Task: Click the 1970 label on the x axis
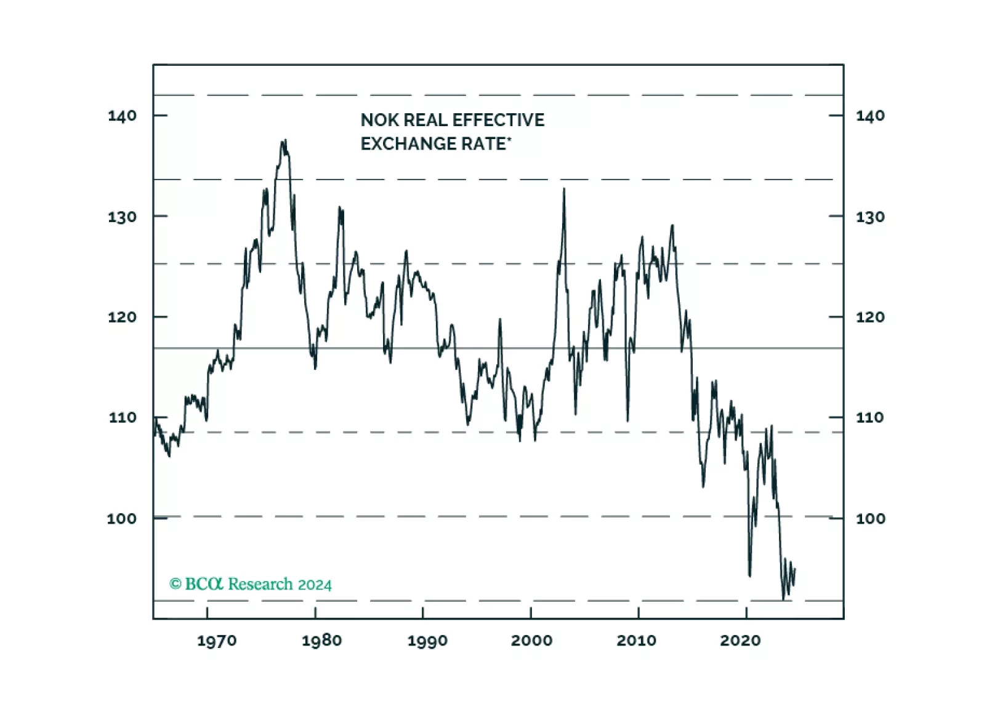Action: tap(216, 641)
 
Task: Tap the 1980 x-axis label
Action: tap(321, 641)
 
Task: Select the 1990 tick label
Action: tap(427, 641)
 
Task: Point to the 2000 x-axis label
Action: tap(531, 641)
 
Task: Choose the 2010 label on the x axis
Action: tap(636, 641)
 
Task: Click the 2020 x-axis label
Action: tap(740, 641)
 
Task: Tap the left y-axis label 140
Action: tap(122, 116)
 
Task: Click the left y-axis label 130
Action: tap(122, 217)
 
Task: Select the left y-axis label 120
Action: tap(122, 317)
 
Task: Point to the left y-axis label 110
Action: tap(122, 418)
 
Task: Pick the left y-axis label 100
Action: tap(121, 518)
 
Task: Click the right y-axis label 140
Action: tap(870, 116)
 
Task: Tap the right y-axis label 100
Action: tap(870, 518)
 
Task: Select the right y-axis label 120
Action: tap(870, 317)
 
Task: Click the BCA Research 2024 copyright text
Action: tap(251, 584)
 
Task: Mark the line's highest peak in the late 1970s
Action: tap(284, 141)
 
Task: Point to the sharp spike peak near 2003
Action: tap(564, 189)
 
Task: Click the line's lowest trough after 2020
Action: tap(784, 599)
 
